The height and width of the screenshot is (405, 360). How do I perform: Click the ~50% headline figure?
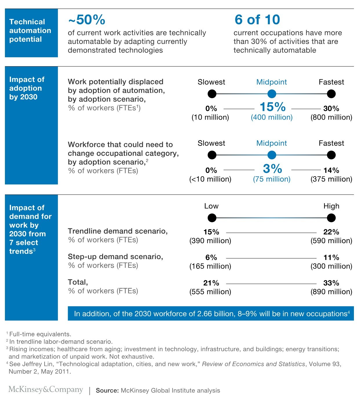87,20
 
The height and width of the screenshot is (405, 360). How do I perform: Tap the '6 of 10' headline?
257,20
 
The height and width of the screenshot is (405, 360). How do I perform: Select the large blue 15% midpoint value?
272,107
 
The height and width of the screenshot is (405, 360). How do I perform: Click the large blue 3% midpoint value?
272,168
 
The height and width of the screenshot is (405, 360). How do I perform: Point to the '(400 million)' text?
272,117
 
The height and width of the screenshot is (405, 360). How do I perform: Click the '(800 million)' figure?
331,117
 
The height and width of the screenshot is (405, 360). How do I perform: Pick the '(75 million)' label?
272,179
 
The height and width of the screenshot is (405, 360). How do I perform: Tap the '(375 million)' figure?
331,179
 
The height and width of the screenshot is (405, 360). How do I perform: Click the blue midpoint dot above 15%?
272,94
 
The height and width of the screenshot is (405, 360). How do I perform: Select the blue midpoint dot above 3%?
272,155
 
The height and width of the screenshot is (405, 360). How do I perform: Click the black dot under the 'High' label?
331,218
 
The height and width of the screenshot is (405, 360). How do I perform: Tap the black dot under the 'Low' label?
212,218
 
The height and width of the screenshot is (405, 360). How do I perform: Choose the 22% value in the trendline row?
331,232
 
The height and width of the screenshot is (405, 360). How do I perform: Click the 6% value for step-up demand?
211,257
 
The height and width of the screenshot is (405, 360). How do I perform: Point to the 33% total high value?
331,283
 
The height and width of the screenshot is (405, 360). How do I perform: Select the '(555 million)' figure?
210,292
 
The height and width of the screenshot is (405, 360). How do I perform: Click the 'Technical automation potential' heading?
30,30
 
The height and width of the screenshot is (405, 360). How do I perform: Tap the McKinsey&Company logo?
46,390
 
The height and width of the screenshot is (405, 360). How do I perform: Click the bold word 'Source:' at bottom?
107,391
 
